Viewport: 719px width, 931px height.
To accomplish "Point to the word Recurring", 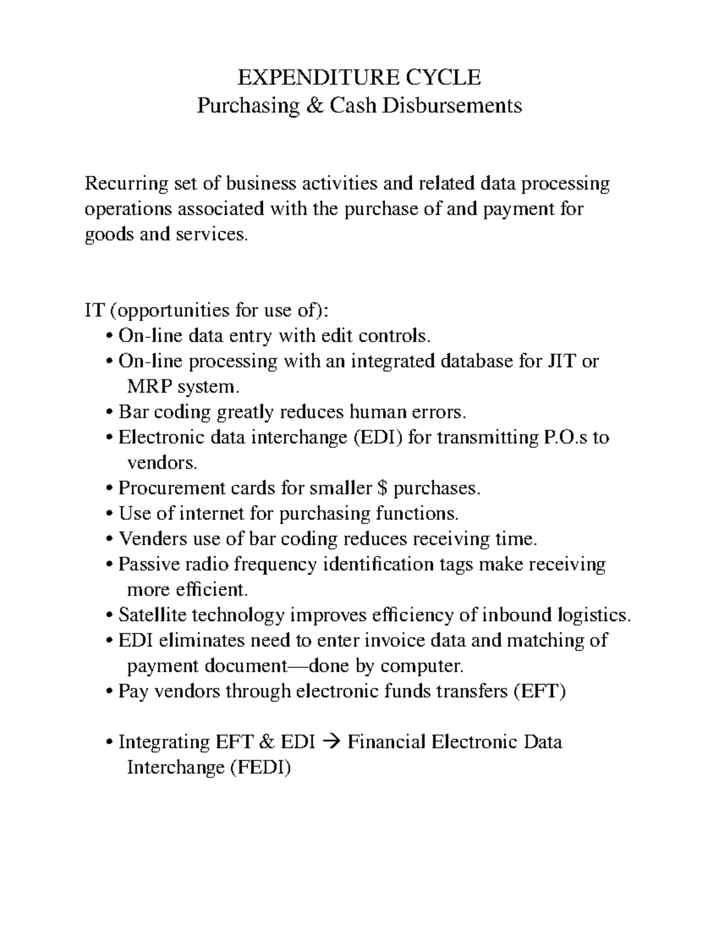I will (x=123, y=183).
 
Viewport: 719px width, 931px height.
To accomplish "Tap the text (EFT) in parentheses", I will (x=538, y=691).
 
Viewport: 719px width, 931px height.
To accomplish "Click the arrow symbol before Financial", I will (x=331, y=743).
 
